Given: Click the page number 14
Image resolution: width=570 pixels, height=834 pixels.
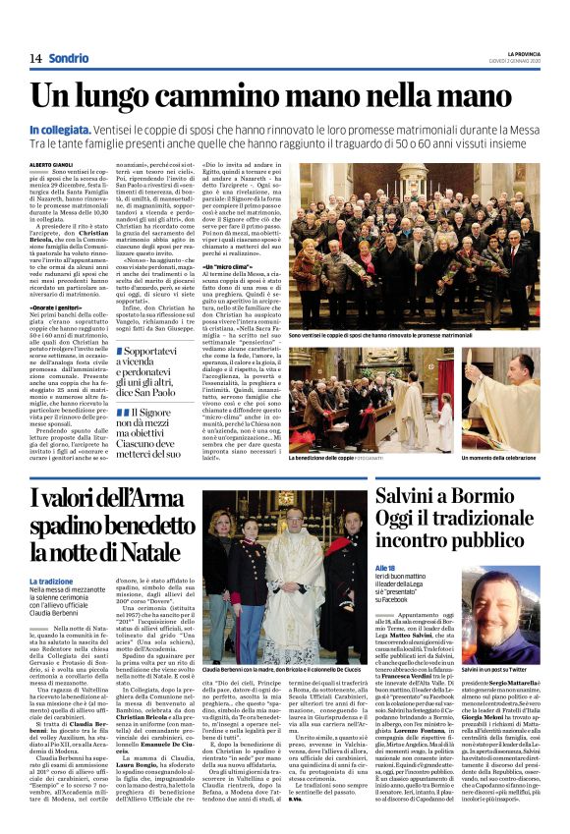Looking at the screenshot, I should (34, 59).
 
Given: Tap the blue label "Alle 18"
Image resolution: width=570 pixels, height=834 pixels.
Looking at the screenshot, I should (384, 567).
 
